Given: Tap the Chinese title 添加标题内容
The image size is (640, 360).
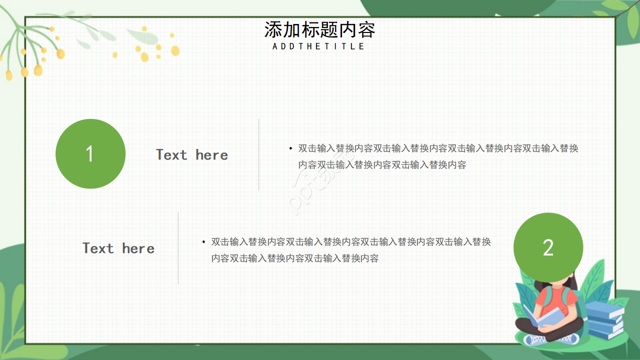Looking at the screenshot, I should click(319, 30).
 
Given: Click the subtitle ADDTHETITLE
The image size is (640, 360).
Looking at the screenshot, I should click(319, 46).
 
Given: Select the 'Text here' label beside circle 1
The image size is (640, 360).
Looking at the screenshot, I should click(192, 155).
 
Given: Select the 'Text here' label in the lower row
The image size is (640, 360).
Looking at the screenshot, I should click(118, 248).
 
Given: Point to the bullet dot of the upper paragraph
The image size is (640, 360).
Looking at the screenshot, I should click(290, 148).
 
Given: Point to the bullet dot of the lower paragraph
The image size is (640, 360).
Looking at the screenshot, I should click(203, 242).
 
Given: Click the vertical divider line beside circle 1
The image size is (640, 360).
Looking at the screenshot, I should click(258, 154).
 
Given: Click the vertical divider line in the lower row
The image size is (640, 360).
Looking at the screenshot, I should click(178, 248).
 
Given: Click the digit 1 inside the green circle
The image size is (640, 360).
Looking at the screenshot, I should click(90, 154).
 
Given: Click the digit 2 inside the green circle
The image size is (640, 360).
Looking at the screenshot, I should click(548, 248).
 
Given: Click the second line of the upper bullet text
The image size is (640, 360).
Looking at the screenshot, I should click(382, 165).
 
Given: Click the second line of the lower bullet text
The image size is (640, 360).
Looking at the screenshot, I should click(295, 258).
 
